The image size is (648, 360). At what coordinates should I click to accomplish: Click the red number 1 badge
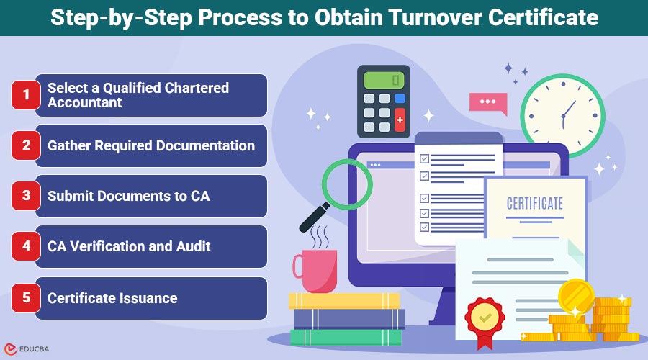point(26,95)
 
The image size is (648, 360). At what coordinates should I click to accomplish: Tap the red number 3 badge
point(26,196)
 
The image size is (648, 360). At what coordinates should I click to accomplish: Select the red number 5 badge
point(26,297)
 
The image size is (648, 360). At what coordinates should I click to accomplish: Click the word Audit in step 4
point(194,246)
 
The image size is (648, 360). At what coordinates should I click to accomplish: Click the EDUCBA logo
point(27,349)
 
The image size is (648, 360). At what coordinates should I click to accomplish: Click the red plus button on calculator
point(400,120)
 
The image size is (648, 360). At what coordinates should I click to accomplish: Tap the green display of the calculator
point(384,79)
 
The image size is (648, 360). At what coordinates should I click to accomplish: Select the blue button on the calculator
point(400,99)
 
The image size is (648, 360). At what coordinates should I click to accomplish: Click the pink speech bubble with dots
point(488,102)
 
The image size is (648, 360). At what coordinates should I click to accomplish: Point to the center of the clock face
point(562,116)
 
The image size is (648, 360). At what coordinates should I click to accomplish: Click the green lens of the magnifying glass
point(347,185)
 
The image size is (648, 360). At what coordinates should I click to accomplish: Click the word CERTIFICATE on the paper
point(535,203)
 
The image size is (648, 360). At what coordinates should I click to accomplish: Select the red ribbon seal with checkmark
point(485,320)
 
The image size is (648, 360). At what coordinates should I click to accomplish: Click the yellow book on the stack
point(344,301)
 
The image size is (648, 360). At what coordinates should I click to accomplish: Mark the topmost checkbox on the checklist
point(424,158)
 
